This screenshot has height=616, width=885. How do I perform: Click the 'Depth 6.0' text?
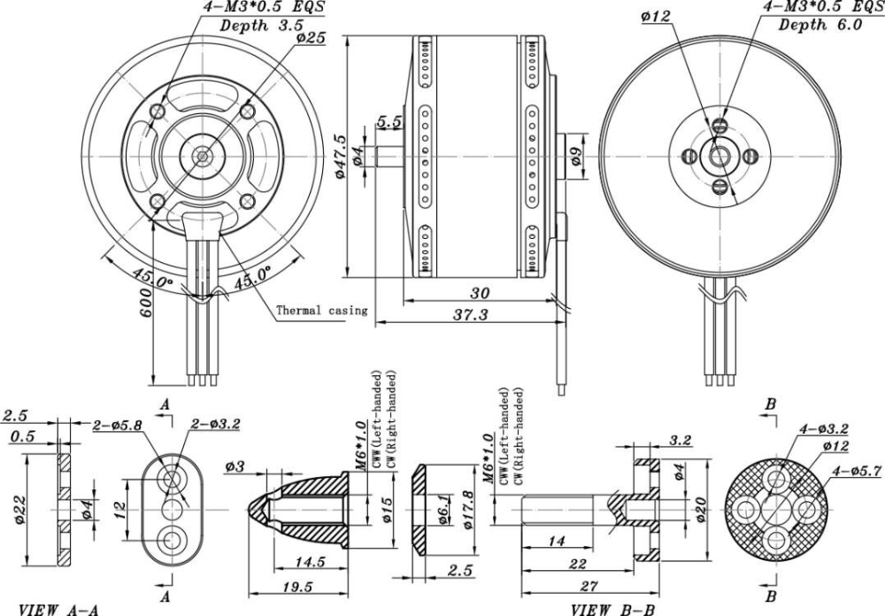tap(820, 25)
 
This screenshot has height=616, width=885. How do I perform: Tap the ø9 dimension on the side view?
tap(575, 157)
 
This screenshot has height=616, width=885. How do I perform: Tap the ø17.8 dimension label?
tap(467, 512)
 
